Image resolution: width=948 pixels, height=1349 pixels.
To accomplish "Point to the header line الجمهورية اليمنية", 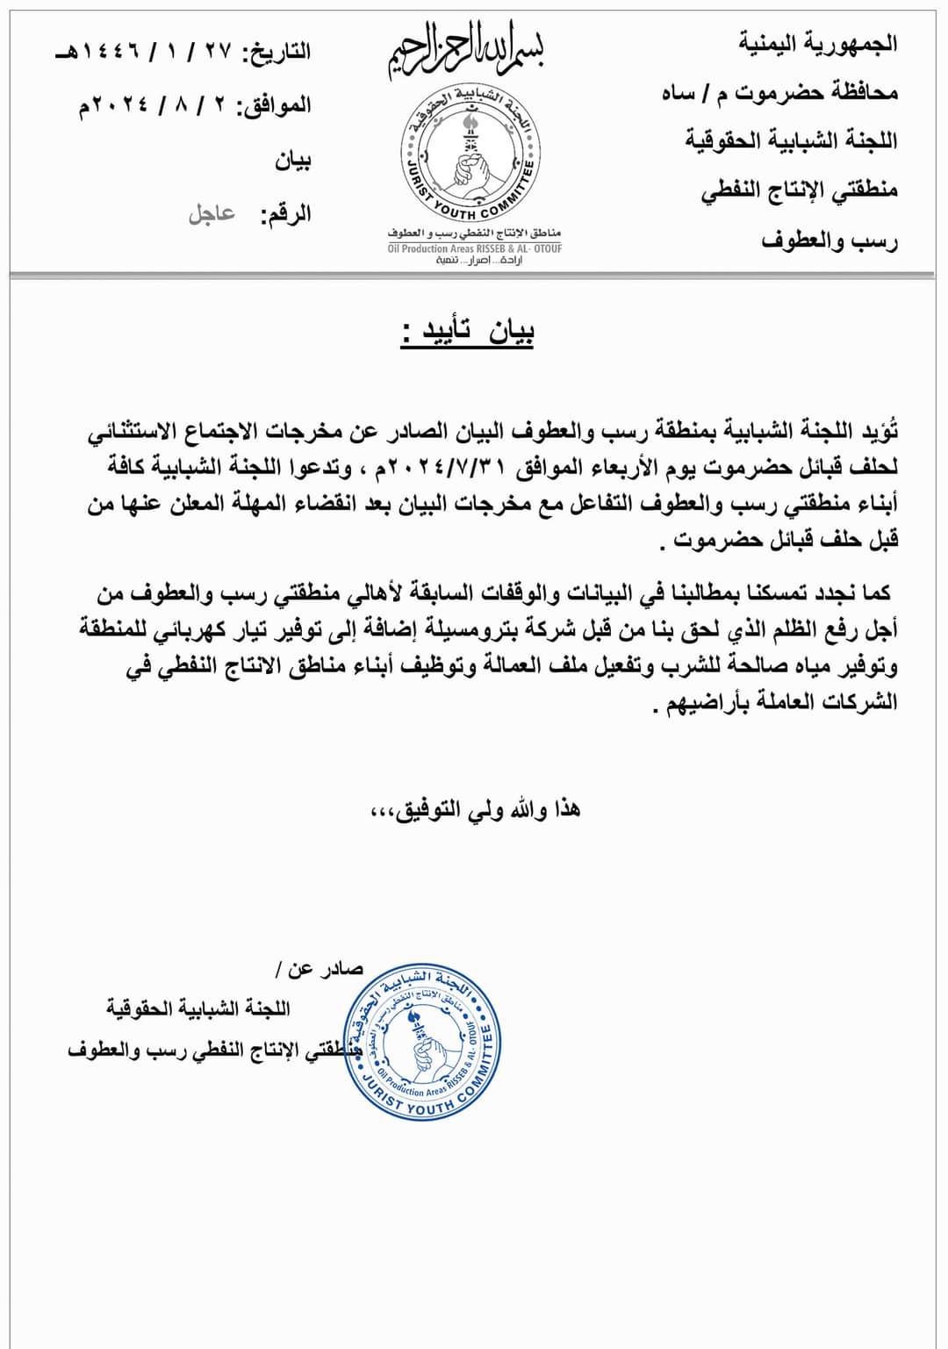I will [818, 43].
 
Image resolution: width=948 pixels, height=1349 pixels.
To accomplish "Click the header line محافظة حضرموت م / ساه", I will [779, 92].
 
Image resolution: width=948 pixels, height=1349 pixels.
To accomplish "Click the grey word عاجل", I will [212, 213].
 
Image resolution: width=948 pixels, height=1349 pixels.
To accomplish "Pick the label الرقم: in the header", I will [285, 214].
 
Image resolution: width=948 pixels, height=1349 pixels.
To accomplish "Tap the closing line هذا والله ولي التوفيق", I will [475, 809].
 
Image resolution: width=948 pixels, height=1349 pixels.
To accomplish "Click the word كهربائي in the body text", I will [185, 630].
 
